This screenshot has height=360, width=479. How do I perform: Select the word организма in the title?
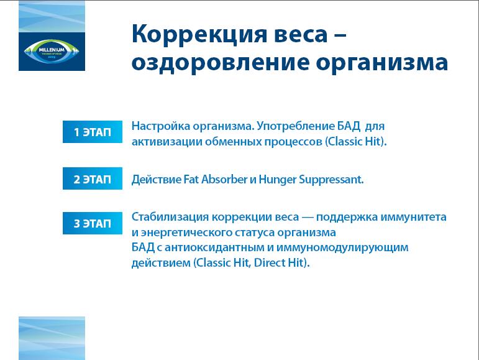click(x=381, y=63)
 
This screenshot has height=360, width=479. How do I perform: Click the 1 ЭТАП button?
click(x=93, y=132)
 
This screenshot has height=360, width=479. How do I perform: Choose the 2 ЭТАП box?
click(x=93, y=178)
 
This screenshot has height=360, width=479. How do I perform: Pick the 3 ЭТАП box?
click(x=93, y=223)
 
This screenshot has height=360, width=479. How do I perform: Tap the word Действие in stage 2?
click(x=156, y=180)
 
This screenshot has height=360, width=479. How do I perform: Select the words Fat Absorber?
click(x=215, y=179)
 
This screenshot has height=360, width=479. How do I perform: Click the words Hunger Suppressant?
click(x=311, y=180)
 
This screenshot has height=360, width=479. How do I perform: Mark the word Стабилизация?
click(x=170, y=217)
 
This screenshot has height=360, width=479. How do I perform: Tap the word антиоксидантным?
click(x=215, y=247)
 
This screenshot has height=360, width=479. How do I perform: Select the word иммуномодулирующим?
click(x=342, y=248)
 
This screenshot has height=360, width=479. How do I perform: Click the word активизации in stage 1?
click(x=167, y=142)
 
